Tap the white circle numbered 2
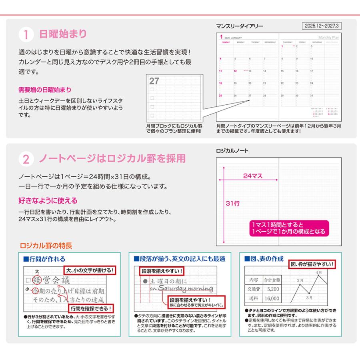pyautogui.click(x=26, y=160)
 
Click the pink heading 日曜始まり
pyautogui.click(x=62, y=34)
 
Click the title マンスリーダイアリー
pyautogui.click(x=239, y=26)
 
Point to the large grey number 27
pyautogui.click(x=154, y=81)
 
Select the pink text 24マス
pyautogui.click(x=253, y=175)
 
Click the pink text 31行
pyautogui.click(x=233, y=203)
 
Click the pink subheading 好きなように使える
pyautogui.click(x=48, y=200)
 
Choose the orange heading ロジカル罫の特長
pyautogui.click(x=46, y=245)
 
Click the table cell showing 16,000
pyautogui.click(x=272, y=298)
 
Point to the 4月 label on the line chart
pyautogui.click(x=318, y=272)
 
